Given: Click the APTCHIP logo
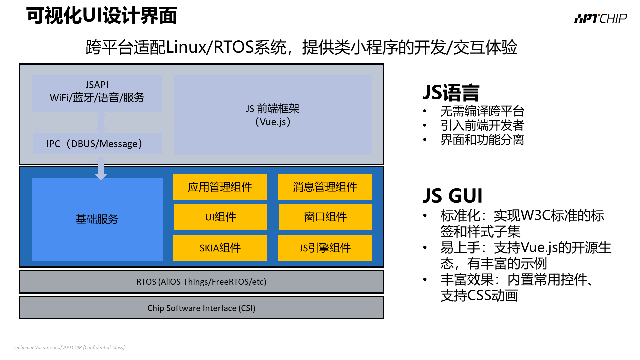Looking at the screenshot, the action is click(600, 18).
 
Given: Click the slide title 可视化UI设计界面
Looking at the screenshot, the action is click(102, 15).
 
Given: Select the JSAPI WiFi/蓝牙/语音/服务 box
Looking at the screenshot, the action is click(97, 93).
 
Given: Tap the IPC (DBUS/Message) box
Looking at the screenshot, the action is click(97, 143).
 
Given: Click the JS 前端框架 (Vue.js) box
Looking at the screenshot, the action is click(273, 115).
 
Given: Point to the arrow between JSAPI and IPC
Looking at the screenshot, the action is click(101, 122).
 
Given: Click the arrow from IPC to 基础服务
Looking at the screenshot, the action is click(101, 168).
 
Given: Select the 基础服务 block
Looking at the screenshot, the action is click(97, 219).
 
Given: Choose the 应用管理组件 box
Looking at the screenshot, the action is click(220, 187).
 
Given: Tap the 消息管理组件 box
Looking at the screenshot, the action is click(325, 187).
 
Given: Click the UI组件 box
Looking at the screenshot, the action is click(220, 217).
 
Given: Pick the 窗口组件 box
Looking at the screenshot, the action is click(325, 217).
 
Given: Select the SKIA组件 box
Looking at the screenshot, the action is click(220, 248).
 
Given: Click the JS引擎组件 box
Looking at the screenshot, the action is click(325, 248).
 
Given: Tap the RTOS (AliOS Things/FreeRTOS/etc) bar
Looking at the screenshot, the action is click(201, 282).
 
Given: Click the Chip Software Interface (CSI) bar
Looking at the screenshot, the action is click(201, 308).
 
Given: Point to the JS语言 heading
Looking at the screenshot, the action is click(451, 92).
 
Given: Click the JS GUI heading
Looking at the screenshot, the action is click(452, 196).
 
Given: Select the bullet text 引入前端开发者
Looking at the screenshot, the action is click(482, 125).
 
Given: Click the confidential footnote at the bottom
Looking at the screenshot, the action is click(69, 347).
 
